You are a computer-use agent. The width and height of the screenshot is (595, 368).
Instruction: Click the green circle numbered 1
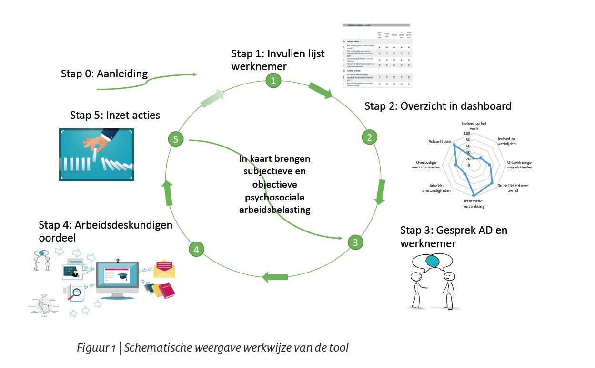tap(273, 80)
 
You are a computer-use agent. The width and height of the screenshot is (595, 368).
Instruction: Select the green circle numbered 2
tap(369, 137)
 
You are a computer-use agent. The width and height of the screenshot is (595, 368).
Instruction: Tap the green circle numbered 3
tap(355, 242)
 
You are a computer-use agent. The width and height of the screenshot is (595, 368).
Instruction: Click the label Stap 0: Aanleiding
tap(104, 74)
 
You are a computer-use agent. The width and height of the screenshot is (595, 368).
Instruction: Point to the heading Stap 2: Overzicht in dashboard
tap(438, 106)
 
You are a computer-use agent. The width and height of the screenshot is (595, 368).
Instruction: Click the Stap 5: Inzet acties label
tap(115, 115)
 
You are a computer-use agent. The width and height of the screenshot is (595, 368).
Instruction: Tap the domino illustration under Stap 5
tap(97, 154)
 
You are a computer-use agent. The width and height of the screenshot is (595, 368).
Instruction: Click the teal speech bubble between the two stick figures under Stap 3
tap(432, 261)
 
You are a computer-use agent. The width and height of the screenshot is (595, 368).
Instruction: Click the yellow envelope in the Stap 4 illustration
tap(164, 269)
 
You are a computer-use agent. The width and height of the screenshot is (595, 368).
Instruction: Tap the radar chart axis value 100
tap(466, 133)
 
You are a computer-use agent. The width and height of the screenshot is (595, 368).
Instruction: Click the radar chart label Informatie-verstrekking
tap(474, 204)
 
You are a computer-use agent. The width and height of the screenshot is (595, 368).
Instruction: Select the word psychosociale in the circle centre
tap(274, 197)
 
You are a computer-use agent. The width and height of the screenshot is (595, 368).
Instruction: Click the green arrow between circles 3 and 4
tap(275, 277)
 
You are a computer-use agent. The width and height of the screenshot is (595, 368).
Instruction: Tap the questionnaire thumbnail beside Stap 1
tap(376, 55)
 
